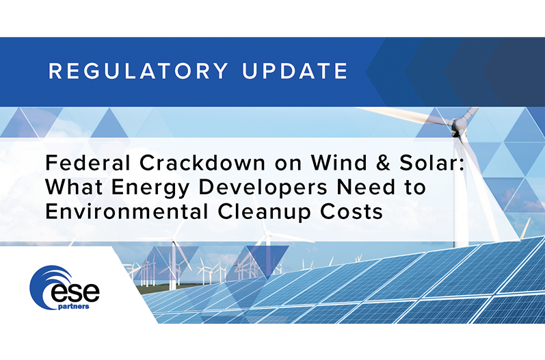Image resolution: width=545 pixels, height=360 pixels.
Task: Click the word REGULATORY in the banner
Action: pos(138,71)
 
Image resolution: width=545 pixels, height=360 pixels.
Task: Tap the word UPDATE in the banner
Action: pos(295,71)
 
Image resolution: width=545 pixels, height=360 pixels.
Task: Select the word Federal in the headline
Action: pos(88,162)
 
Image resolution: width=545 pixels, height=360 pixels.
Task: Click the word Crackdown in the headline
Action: pos(202,162)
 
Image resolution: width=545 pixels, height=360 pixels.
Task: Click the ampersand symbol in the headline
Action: pos(384,163)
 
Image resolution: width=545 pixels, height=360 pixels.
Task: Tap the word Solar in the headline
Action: pos(428,162)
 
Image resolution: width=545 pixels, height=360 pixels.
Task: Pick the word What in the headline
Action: pos(74,187)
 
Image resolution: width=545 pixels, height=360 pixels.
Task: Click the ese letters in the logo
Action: pos(75,293)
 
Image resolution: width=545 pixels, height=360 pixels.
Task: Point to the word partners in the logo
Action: pos(74,307)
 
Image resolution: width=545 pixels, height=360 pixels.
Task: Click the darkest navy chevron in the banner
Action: pos(514,72)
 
